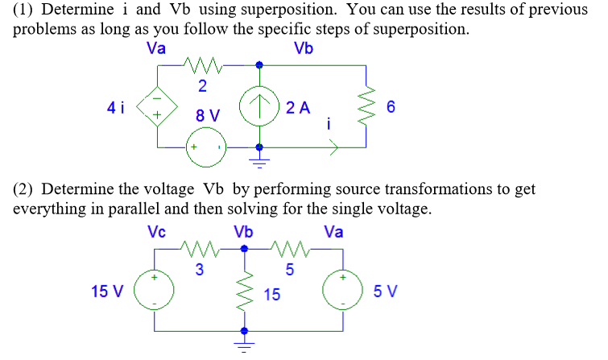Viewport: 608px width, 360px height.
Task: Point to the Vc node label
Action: click(157, 232)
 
